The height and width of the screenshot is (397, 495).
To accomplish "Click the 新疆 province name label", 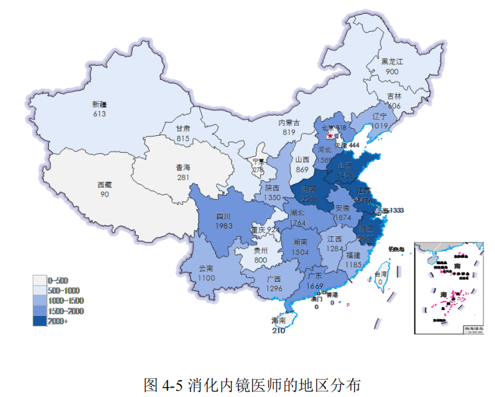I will pos(99,104).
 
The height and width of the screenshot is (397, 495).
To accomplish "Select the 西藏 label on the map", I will pos(105,185).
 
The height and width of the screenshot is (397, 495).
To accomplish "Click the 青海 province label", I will pos(183,167).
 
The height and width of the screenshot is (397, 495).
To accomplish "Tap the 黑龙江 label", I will pos(392,62).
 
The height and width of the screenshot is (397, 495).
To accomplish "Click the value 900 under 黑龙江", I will pos(392,71).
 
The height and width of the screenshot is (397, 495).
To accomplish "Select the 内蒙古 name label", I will pos(289,123).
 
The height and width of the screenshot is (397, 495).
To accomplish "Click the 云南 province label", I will pos(206,269).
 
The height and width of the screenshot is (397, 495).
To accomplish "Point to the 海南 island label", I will pos(279,321).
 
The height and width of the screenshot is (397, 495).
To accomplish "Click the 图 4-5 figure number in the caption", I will pos(163,384).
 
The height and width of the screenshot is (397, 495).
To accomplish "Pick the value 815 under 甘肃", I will pos(183,138).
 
